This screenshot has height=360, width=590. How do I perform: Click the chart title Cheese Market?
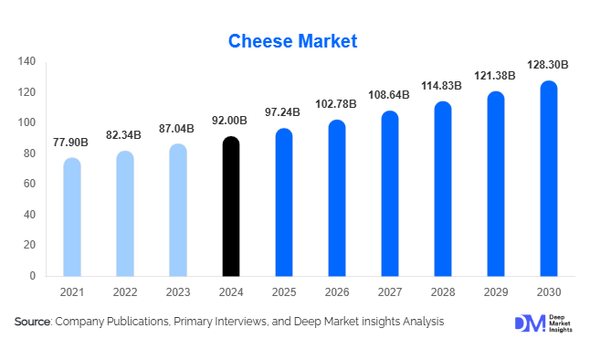pos(292,41)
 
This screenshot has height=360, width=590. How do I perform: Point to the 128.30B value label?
pos(548,65)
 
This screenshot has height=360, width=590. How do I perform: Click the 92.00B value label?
pos(232,121)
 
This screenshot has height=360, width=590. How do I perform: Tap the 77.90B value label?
pos(72,143)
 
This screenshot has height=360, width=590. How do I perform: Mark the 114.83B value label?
pos(442,86)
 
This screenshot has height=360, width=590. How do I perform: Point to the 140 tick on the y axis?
pos(27,61)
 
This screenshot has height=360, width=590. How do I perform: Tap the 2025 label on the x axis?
pos(284,292)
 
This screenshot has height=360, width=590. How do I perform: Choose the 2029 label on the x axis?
pos(495,292)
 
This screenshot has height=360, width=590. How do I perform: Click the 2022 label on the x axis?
pos(125,292)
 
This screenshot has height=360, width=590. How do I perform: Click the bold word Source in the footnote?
pos(33,322)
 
